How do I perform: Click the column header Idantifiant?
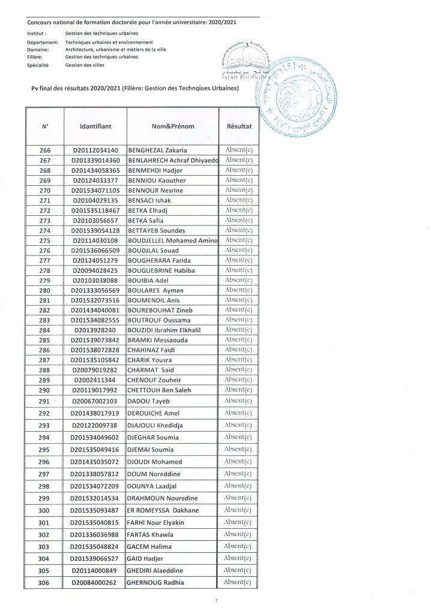tap(95, 127)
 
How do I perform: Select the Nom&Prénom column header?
tap(173, 127)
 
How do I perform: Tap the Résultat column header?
tap(239, 127)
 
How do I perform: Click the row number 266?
tap(44, 150)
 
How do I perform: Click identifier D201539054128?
tap(95, 230)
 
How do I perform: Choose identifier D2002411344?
tap(95, 380)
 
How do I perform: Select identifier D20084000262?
tap(95, 583)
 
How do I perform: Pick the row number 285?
tap(44, 340)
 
